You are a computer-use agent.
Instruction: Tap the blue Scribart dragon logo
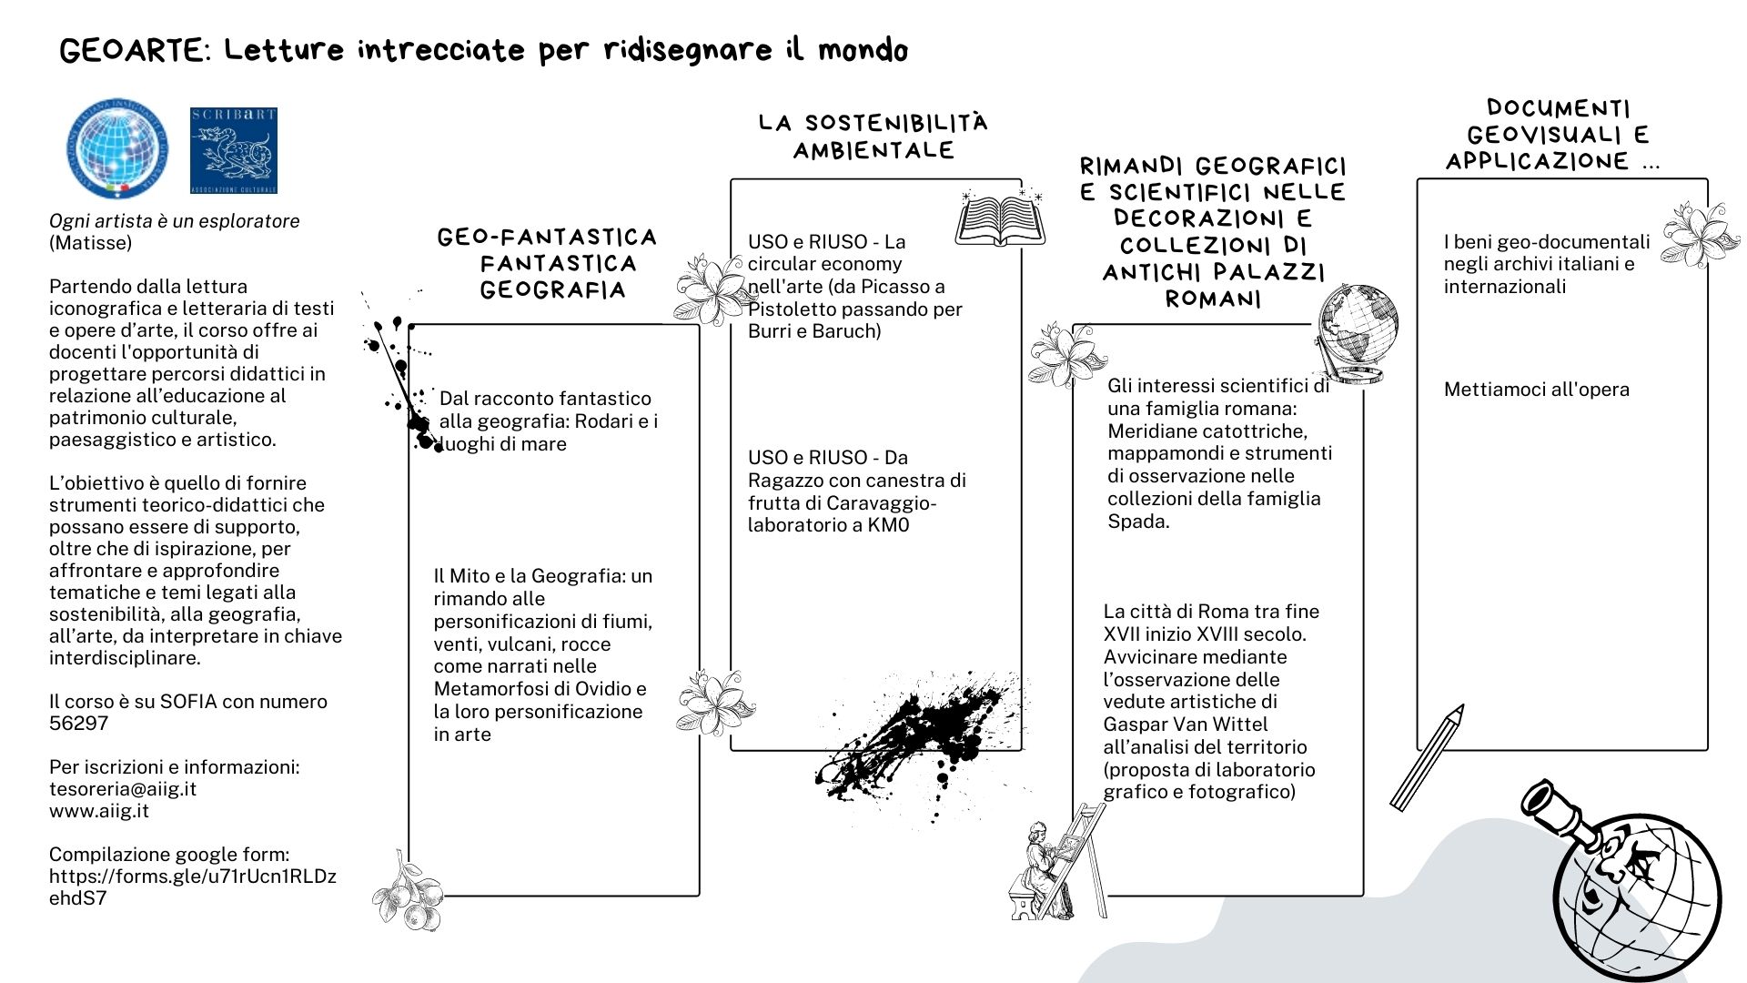[234, 150]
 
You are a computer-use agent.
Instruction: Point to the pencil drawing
[1427, 757]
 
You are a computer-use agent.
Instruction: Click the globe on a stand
[1355, 333]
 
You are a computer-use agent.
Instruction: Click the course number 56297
[78, 724]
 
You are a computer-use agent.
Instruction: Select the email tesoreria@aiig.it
[123, 789]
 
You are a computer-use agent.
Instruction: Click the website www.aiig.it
[99, 811]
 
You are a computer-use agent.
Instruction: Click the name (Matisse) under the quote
[90, 243]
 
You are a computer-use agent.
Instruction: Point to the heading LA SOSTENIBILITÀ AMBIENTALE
[873, 137]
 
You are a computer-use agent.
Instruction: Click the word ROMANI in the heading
[1214, 299]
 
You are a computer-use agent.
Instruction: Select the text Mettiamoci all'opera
[1537, 390]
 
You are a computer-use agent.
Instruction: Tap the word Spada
[1136, 522]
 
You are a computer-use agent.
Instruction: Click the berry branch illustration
[407, 893]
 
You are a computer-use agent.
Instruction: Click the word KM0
[888, 525]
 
